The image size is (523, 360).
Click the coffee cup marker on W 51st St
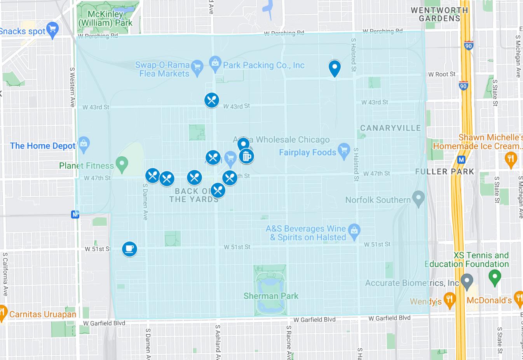129,249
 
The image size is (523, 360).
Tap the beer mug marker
246,156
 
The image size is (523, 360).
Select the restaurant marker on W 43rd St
212,100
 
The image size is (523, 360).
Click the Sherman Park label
271,296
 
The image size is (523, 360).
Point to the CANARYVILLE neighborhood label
390,128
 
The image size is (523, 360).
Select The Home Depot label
43,146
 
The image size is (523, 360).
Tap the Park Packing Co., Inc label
263,65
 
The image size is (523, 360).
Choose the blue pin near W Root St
335,68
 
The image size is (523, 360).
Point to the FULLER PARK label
445,171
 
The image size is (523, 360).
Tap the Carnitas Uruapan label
43,314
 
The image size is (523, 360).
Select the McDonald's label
489,300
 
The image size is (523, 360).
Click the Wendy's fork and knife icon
450,301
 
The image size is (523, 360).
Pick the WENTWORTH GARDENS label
439,14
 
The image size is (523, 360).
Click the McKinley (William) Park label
105,19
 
